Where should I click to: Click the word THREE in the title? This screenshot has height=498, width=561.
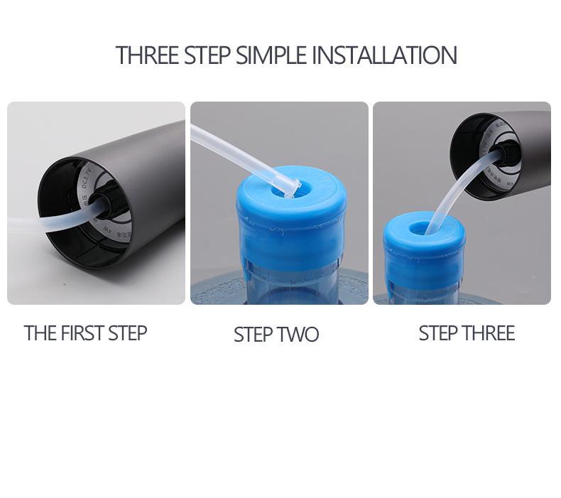[x=147, y=55]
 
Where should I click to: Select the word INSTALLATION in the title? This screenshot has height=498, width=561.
[x=384, y=55]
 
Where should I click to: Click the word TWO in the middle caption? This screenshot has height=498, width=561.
[x=298, y=335]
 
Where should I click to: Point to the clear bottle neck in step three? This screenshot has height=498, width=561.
[x=425, y=290]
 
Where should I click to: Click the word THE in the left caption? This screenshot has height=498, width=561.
[x=39, y=333]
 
